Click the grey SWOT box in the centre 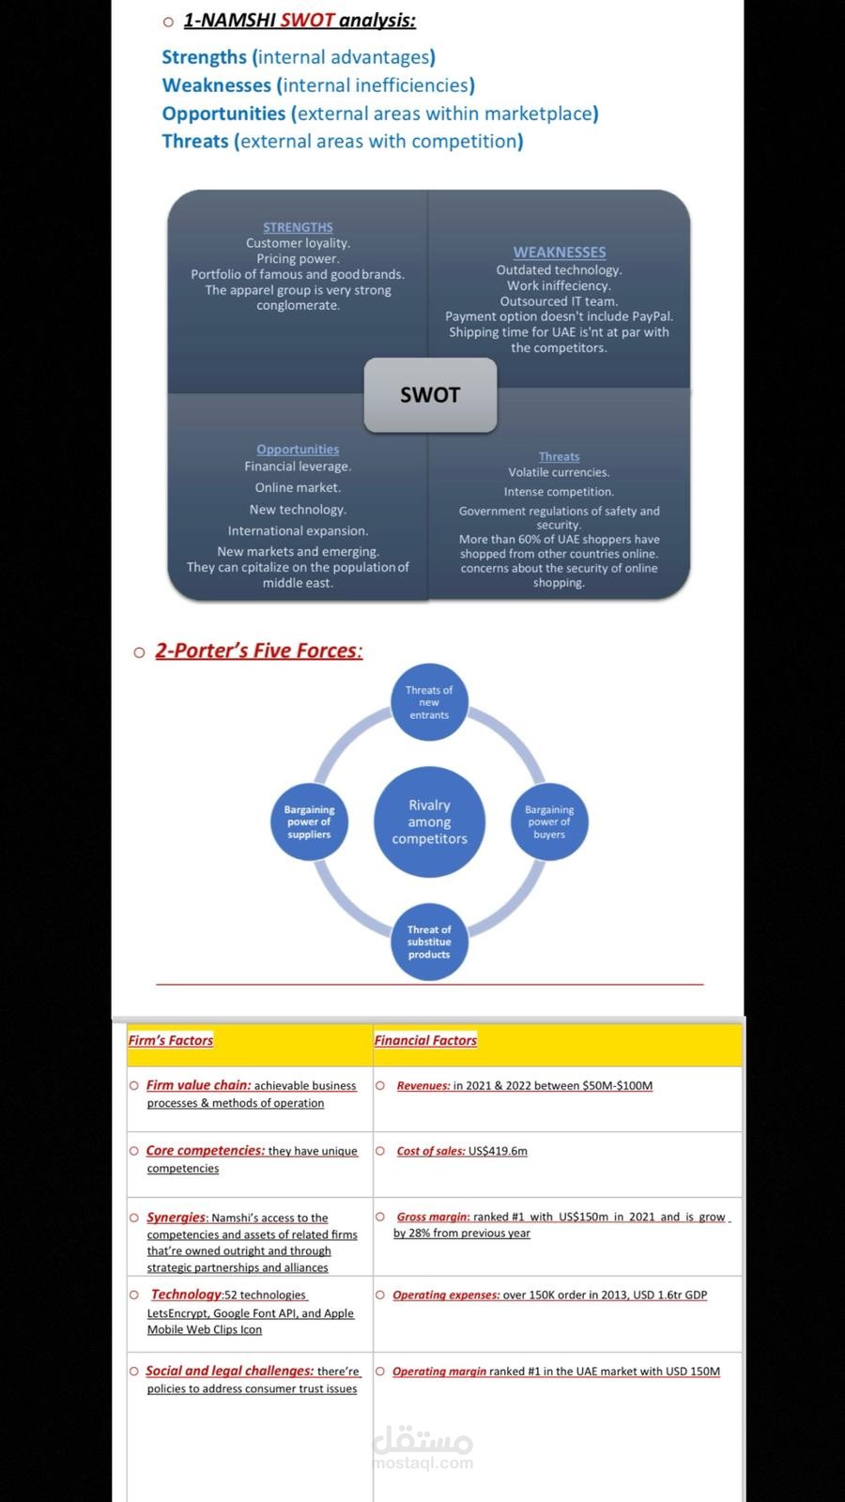click(x=431, y=395)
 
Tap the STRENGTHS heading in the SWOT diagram click(x=298, y=227)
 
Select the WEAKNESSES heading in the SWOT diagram click(x=560, y=253)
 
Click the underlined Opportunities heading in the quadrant click(x=298, y=450)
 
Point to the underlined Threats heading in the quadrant click(x=560, y=456)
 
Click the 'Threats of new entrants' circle click(x=429, y=702)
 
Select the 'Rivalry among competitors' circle click(x=429, y=821)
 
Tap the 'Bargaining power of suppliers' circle click(x=309, y=821)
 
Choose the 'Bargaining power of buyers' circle click(x=549, y=821)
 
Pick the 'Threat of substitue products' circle click(x=429, y=942)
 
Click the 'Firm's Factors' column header click(x=170, y=1040)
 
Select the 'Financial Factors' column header click(x=426, y=1040)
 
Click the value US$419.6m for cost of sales click(x=498, y=1151)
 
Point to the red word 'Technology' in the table click(x=186, y=1295)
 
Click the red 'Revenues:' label click(x=423, y=1085)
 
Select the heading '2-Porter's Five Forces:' click(x=259, y=651)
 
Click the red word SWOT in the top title click(x=307, y=20)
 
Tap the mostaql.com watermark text click(x=423, y=1463)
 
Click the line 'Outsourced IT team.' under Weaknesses click(x=560, y=301)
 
